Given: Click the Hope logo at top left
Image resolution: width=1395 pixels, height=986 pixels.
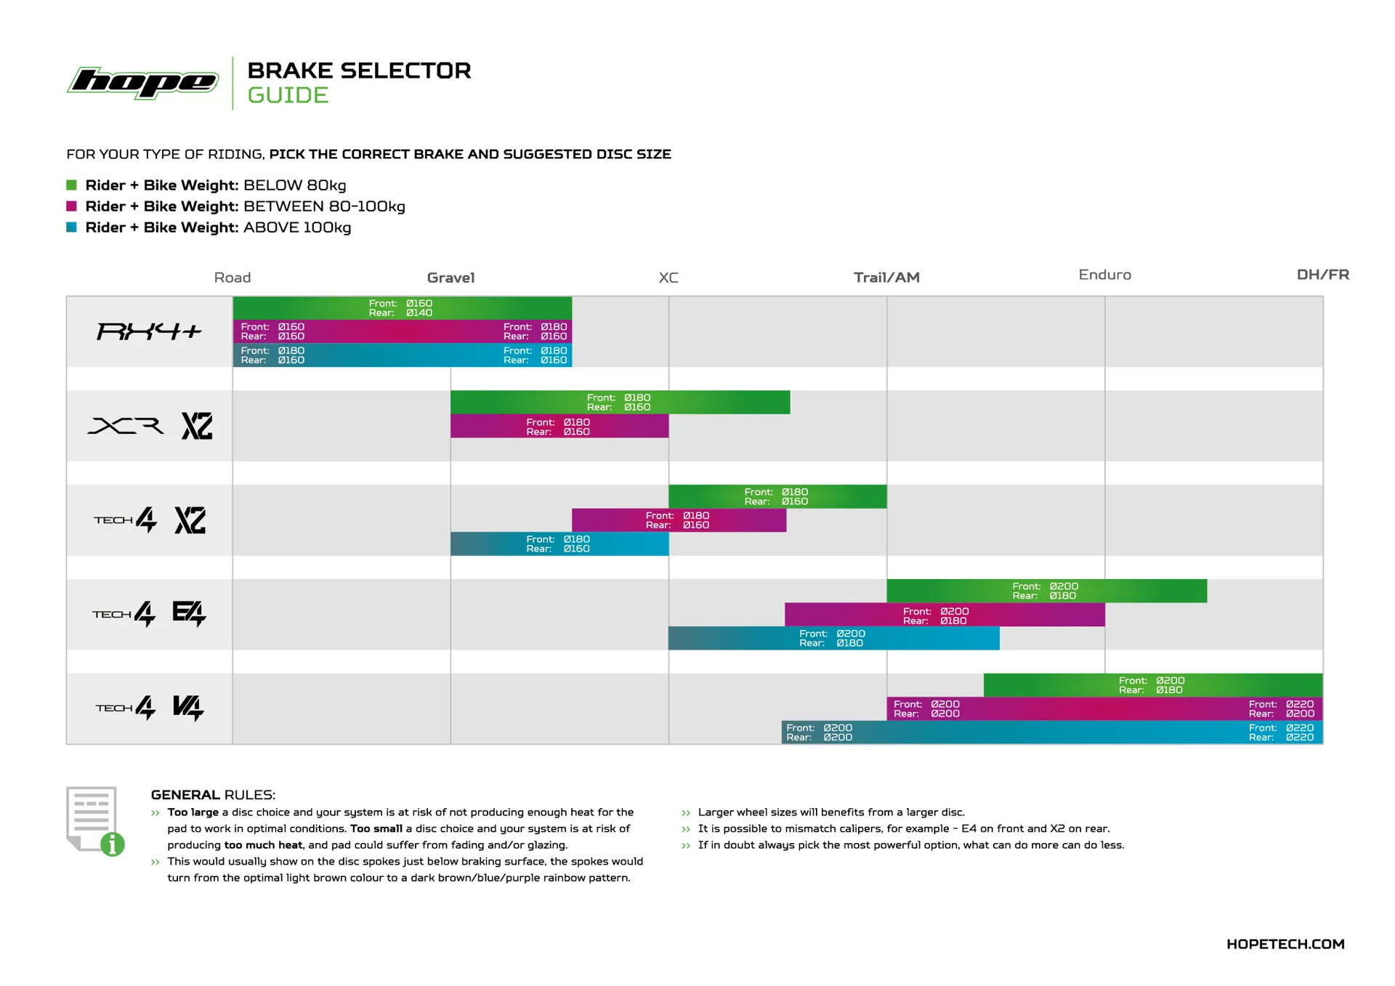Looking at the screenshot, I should click(143, 82).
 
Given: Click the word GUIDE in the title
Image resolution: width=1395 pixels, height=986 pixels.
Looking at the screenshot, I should click(288, 95).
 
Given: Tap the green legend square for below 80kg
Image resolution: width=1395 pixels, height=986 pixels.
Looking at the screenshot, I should click(72, 185).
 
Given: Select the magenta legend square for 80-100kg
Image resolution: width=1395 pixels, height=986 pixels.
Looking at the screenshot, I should click(72, 206).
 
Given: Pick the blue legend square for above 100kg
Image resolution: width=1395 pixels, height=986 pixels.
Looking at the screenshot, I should click(72, 227).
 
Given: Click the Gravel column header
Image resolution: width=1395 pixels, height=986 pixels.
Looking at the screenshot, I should click(450, 278).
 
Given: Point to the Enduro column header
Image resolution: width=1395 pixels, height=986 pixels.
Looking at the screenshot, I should click(1104, 275).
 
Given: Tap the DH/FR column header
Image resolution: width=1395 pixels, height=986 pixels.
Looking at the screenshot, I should click(1322, 275).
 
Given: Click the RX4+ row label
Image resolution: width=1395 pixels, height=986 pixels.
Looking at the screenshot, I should click(149, 332).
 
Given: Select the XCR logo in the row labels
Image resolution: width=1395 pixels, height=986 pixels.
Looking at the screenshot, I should click(126, 426).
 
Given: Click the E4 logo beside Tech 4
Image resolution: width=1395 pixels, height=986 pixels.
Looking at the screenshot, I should click(189, 614).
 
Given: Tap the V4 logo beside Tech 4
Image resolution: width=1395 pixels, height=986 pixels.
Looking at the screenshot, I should click(188, 708).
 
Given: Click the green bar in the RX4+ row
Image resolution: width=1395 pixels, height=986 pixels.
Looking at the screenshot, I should click(402, 308).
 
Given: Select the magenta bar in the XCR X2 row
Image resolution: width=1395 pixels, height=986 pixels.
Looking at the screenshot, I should click(559, 427).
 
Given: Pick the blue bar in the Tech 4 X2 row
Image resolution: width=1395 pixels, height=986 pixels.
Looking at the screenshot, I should click(559, 543).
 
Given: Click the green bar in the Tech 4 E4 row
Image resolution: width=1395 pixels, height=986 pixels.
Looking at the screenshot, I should click(1046, 591).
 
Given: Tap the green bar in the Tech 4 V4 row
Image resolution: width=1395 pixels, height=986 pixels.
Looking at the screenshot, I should click(1152, 685).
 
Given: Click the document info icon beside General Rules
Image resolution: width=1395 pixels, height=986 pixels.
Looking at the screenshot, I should click(95, 820).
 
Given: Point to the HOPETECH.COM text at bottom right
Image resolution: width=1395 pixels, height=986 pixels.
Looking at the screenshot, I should click(1285, 944).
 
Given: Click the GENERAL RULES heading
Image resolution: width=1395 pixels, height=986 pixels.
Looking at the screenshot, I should click(213, 795).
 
